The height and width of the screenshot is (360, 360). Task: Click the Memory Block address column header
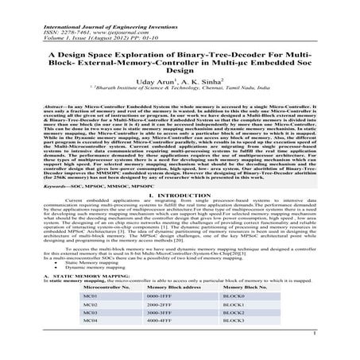[x=180, y=310]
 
